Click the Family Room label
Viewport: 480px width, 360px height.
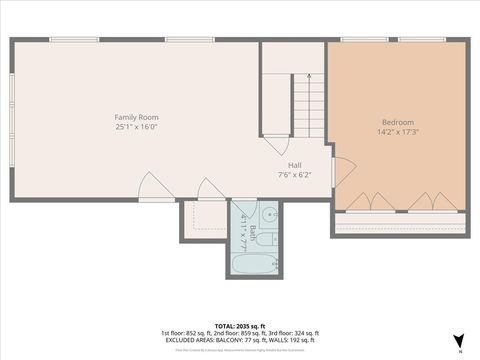tap(136, 117)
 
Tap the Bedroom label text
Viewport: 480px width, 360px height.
tap(397, 122)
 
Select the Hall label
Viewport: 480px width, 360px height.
tap(295, 166)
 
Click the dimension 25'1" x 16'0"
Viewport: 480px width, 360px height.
tap(136, 127)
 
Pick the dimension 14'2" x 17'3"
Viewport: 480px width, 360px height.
tap(397, 132)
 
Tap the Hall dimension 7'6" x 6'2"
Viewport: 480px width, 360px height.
tap(295, 175)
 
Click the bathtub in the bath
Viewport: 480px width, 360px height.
tap(254, 263)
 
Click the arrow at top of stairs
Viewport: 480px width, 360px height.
tap(309, 77)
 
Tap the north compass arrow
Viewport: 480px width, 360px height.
tap(458, 341)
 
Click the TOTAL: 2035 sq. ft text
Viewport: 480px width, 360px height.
tap(239, 325)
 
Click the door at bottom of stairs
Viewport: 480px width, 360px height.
tap(277, 145)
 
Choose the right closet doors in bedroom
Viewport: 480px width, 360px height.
tap(432, 201)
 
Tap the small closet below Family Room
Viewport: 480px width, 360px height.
tap(204, 219)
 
